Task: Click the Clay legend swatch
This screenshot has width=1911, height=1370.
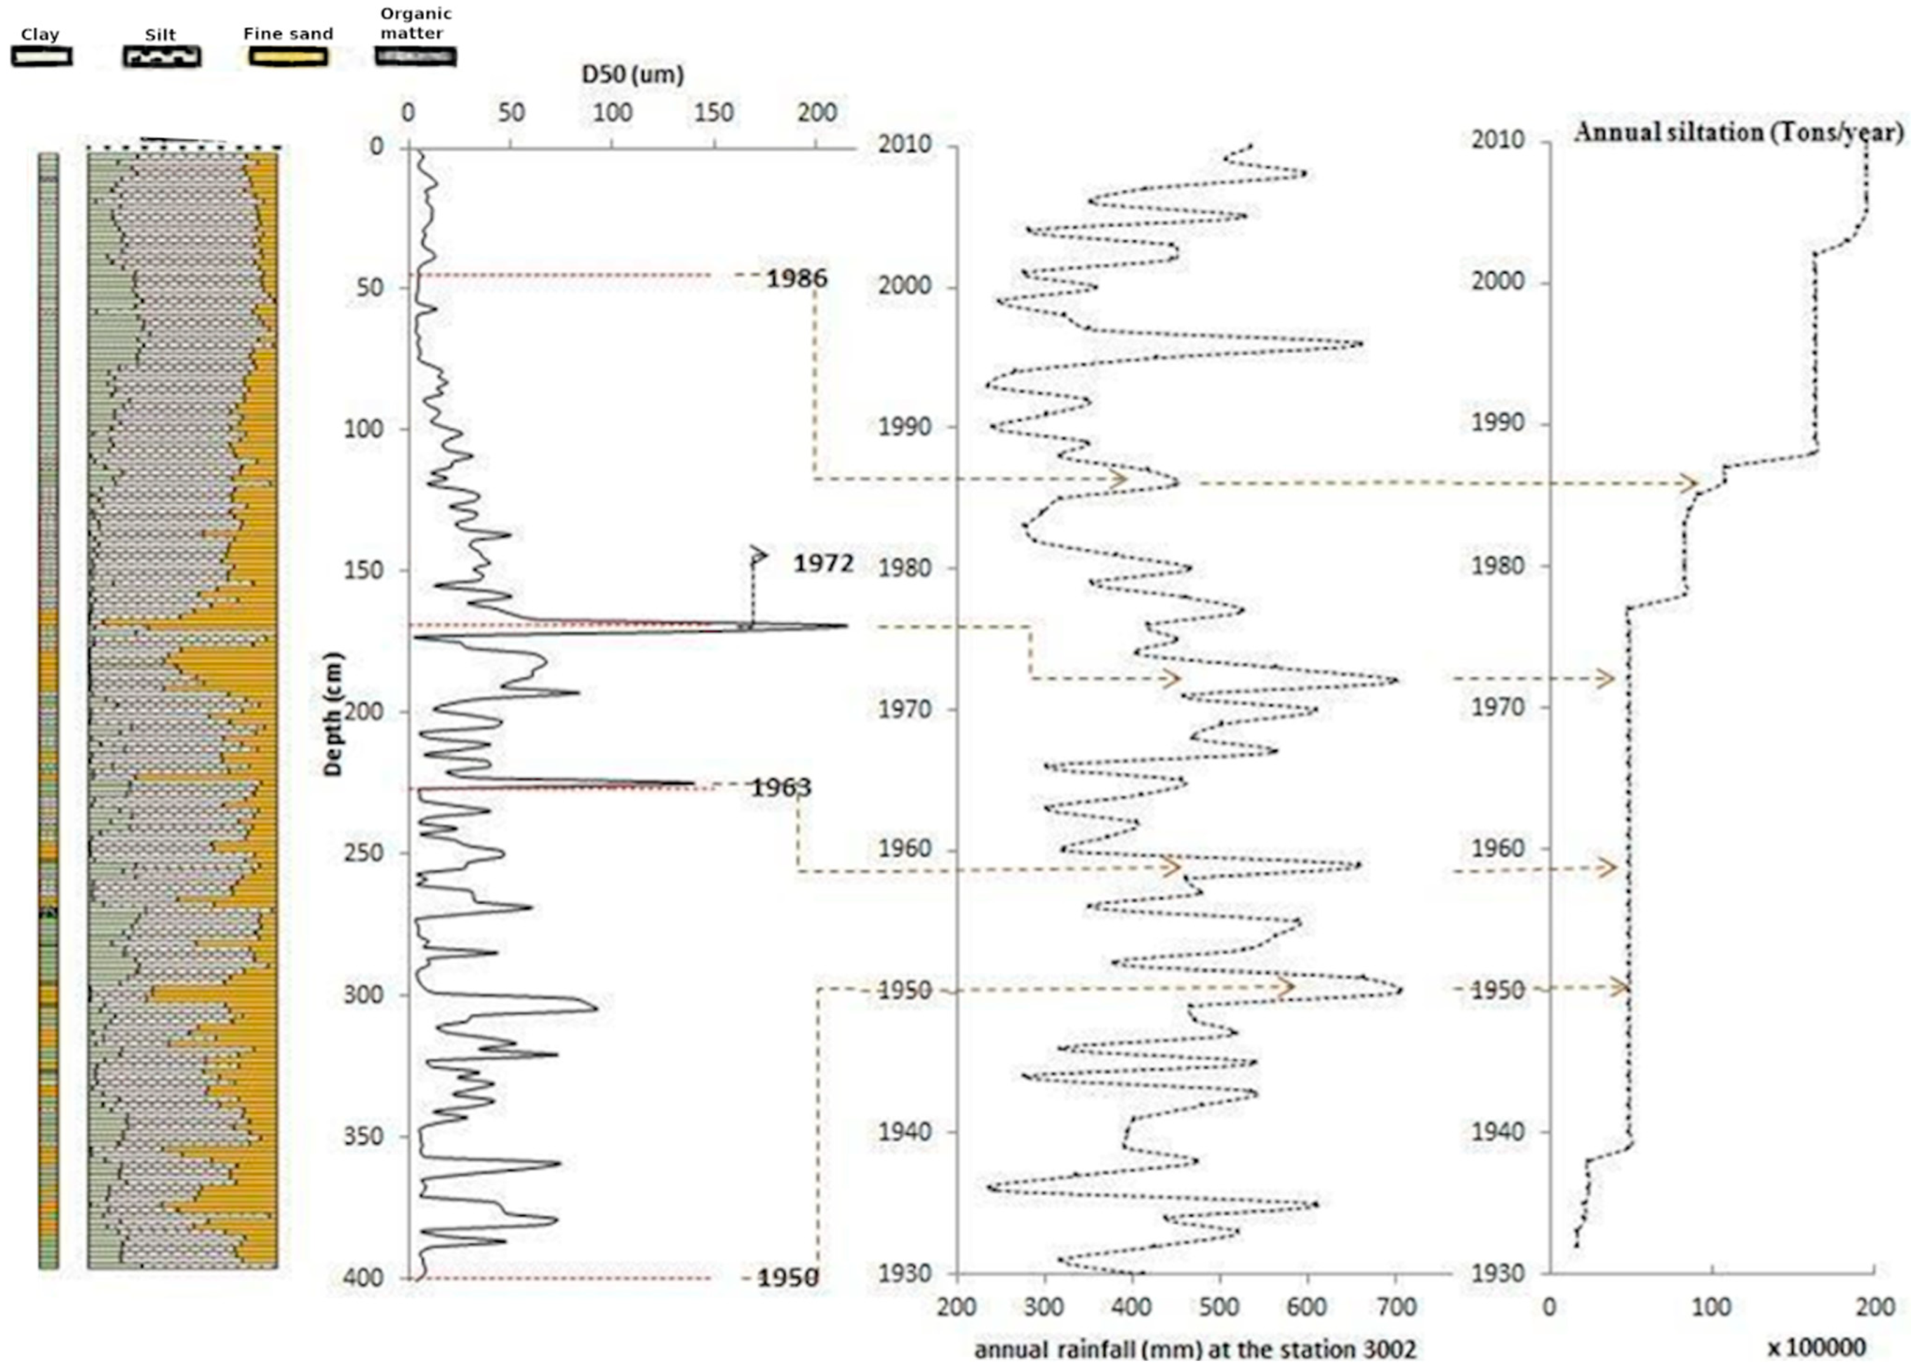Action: click(x=41, y=56)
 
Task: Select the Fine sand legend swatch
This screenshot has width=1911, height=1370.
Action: click(x=288, y=56)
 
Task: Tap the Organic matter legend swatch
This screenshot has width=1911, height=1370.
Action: click(x=415, y=56)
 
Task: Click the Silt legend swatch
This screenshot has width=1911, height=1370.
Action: click(x=162, y=56)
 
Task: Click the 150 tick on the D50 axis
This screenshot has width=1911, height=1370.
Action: click(x=714, y=112)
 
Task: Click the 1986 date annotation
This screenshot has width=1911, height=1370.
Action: click(x=796, y=278)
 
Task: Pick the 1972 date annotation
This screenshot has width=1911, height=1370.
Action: click(x=823, y=563)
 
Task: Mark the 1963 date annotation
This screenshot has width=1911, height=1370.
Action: click(x=781, y=787)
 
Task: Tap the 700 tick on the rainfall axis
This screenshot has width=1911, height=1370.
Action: click(x=1395, y=1308)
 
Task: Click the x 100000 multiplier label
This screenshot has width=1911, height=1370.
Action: click(x=1816, y=1348)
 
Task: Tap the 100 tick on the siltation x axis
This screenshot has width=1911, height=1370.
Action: click(x=1712, y=1308)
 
